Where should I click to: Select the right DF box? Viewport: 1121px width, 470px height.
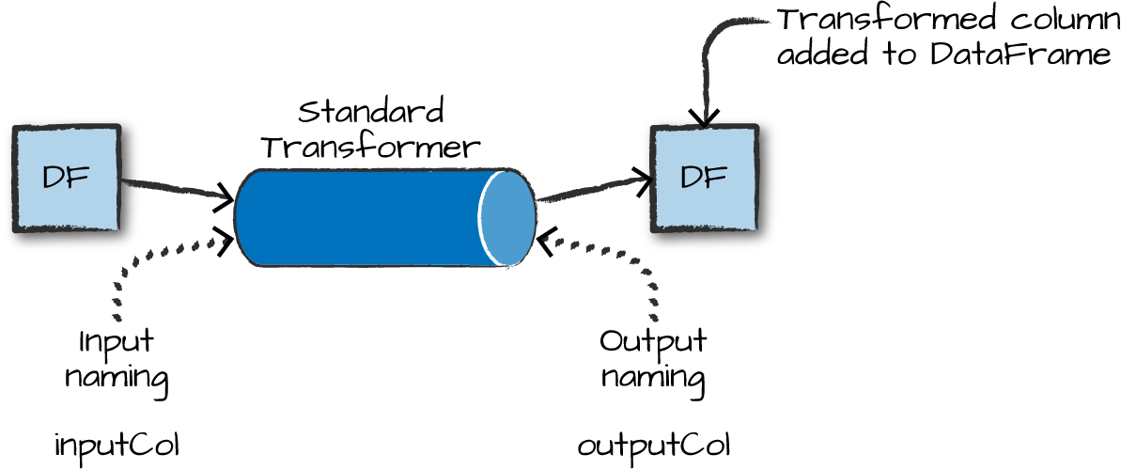[x=704, y=179]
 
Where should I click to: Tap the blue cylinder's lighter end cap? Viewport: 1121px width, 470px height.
[x=507, y=218]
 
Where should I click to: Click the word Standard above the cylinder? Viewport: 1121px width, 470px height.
[x=371, y=114]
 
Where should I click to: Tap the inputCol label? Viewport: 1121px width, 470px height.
[x=116, y=447]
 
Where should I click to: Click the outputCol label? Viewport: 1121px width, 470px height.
[x=654, y=447]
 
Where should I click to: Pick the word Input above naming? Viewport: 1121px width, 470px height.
[x=117, y=341]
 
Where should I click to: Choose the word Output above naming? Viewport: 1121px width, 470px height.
[x=653, y=341]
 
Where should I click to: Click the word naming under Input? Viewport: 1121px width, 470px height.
[x=117, y=377]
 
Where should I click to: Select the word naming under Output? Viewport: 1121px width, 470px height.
[x=653, y=377]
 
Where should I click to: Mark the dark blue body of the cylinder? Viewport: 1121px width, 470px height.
[x=357, y=218]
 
